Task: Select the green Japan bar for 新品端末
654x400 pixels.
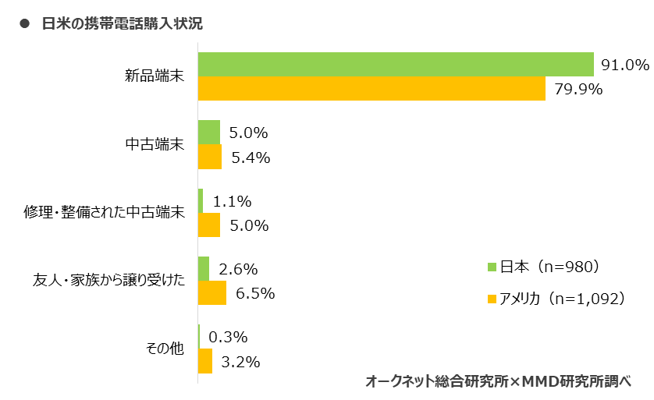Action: [396, 65]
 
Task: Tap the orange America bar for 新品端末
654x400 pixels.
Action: [371, 89]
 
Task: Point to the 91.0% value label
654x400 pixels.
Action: [624, 65]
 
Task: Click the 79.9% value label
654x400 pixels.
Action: [578, 89]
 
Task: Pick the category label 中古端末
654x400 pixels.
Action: [155, 144]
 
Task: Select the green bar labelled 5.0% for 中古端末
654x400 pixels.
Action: [209, 133]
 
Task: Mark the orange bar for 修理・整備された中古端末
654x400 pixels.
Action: [209, 225]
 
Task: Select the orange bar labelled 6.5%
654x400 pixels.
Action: [212, 293]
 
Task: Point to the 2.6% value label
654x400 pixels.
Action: [239, 270]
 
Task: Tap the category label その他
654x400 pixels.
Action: [165, 348]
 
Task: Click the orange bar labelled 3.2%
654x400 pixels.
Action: [205, 361]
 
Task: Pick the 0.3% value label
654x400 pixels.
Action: [228, 338]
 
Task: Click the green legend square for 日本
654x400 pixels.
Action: [492, 267]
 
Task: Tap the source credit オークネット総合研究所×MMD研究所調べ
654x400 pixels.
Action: [497, 381]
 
